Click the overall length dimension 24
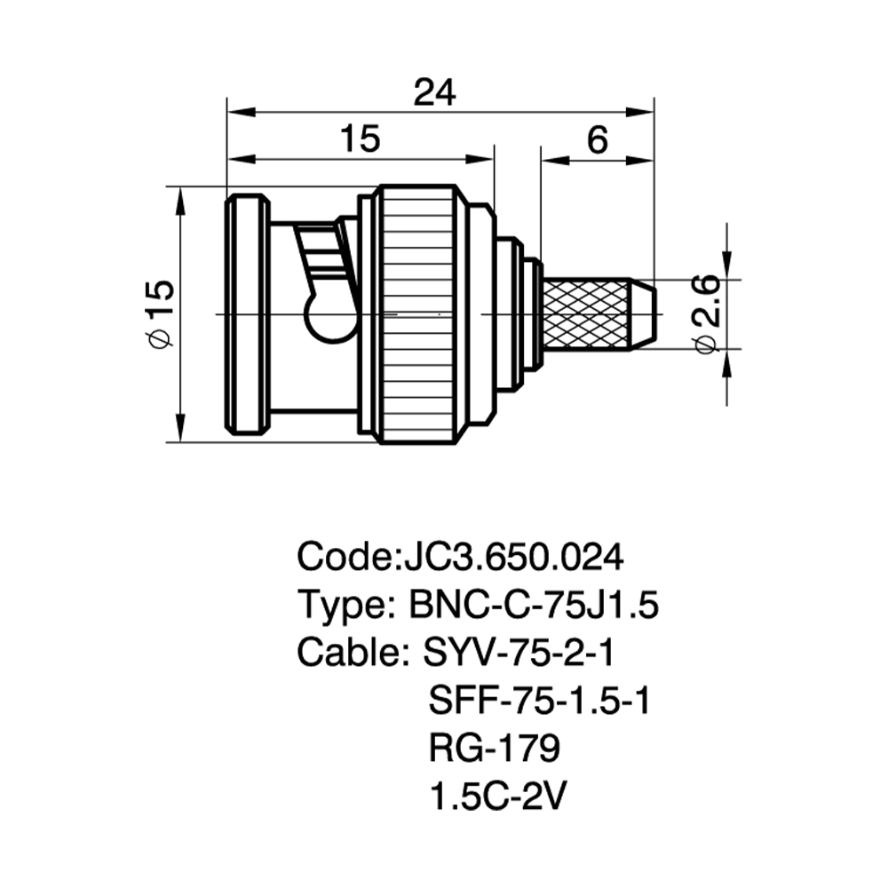point(434,93)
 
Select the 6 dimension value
point(598,139)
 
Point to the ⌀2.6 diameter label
point(706,313)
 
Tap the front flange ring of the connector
point(248,314)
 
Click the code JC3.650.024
point(512,557)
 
